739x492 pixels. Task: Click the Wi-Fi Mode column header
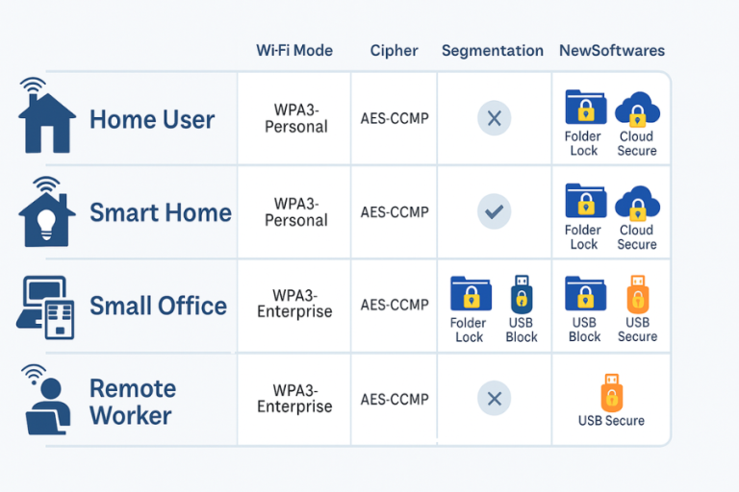point(295,50)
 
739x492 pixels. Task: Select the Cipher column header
point(394,50)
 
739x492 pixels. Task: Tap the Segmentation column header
point(493,50)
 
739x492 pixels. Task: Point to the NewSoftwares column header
point(612,50)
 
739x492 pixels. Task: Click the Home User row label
point(152,120)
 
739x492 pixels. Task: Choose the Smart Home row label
point(160,212)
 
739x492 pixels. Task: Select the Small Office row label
point(158,306)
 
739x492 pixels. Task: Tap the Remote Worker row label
point(132,402)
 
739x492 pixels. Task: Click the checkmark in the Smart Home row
point(495,211)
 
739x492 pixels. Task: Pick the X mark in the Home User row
point(495,119)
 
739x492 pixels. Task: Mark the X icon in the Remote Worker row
point(495,398)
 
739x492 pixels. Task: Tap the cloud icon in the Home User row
point(637,110)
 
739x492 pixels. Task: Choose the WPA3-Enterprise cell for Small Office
point(295,304)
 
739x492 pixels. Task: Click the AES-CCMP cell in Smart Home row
point(395,212)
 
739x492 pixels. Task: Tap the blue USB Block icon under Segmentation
point(522,294)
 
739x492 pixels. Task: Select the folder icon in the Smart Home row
point(584,202)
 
